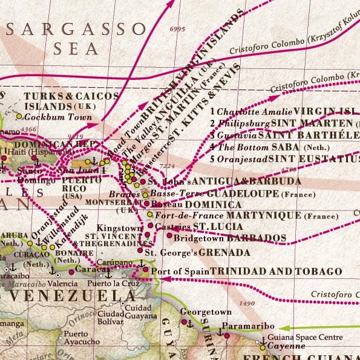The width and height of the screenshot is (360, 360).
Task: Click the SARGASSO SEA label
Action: pos(76,39)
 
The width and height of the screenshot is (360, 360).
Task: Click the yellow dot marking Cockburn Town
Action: pos(19,116)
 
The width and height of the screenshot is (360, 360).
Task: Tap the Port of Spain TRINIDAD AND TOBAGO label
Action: pos(246,272)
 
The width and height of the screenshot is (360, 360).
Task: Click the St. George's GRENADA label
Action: pos(197,252)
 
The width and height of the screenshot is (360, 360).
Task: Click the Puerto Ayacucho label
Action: pos(82,338)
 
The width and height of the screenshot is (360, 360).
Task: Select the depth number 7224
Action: pos(166,165)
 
